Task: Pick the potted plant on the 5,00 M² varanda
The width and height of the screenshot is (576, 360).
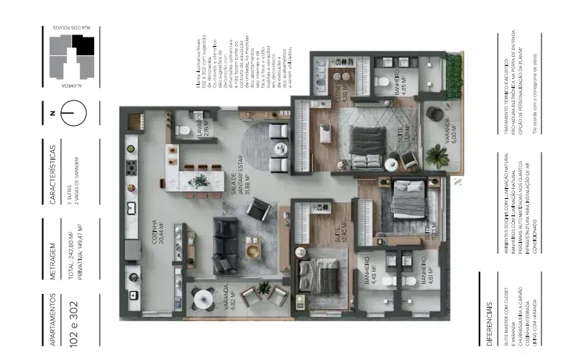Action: [436, 154]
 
